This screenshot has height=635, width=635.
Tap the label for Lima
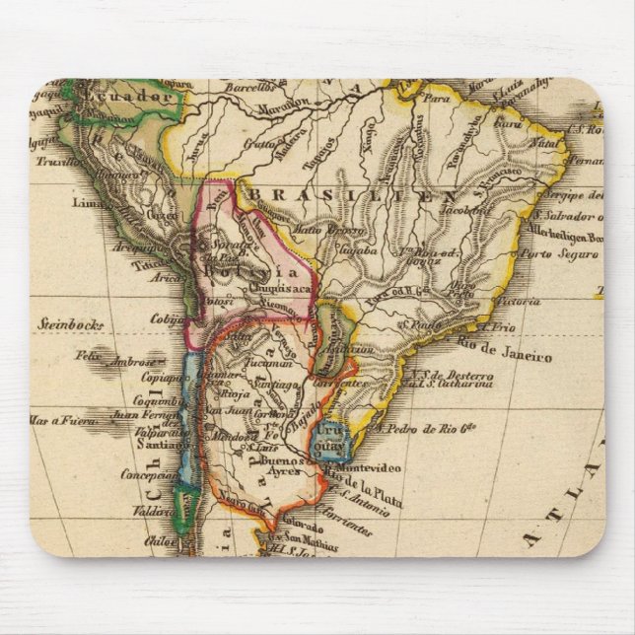[86, 203]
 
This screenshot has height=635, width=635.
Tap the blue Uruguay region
[327, 439]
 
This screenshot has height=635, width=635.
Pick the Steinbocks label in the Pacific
[72, 321]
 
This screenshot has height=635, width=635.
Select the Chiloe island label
[160, 538]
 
